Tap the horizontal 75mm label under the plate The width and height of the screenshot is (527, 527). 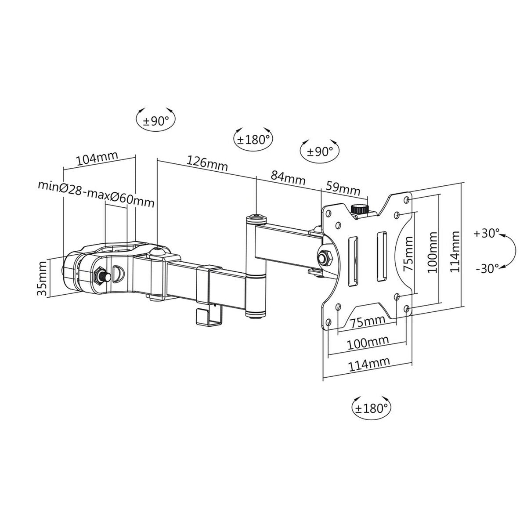(x=368, y=321)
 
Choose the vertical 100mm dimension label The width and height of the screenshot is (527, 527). (x=433, y=252)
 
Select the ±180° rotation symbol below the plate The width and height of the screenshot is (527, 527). (x=372, y=408)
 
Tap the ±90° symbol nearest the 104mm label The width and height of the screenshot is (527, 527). (x=156, y=121)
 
